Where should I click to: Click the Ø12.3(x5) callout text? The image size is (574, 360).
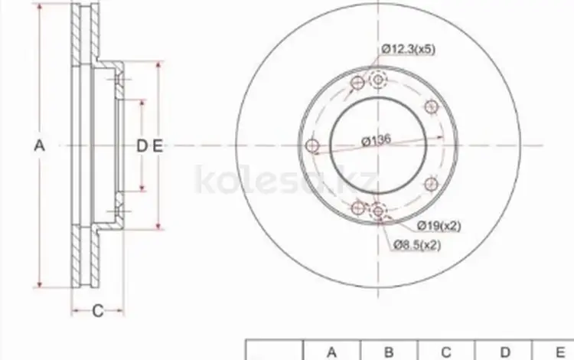[408, 49]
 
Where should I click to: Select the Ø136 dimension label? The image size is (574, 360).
[377, 140]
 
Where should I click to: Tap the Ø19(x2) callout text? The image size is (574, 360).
[439, 226]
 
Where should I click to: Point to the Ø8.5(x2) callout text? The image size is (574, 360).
[417, 244]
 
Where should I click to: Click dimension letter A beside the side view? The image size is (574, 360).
[39, 146]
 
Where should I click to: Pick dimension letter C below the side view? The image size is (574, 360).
[98, 311]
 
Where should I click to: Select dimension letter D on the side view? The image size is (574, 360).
[142, 146]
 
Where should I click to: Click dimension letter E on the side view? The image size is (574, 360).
[158, 146]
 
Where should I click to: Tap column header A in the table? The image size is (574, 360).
[331, 352]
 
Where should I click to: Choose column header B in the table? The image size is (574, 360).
[389, 352]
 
